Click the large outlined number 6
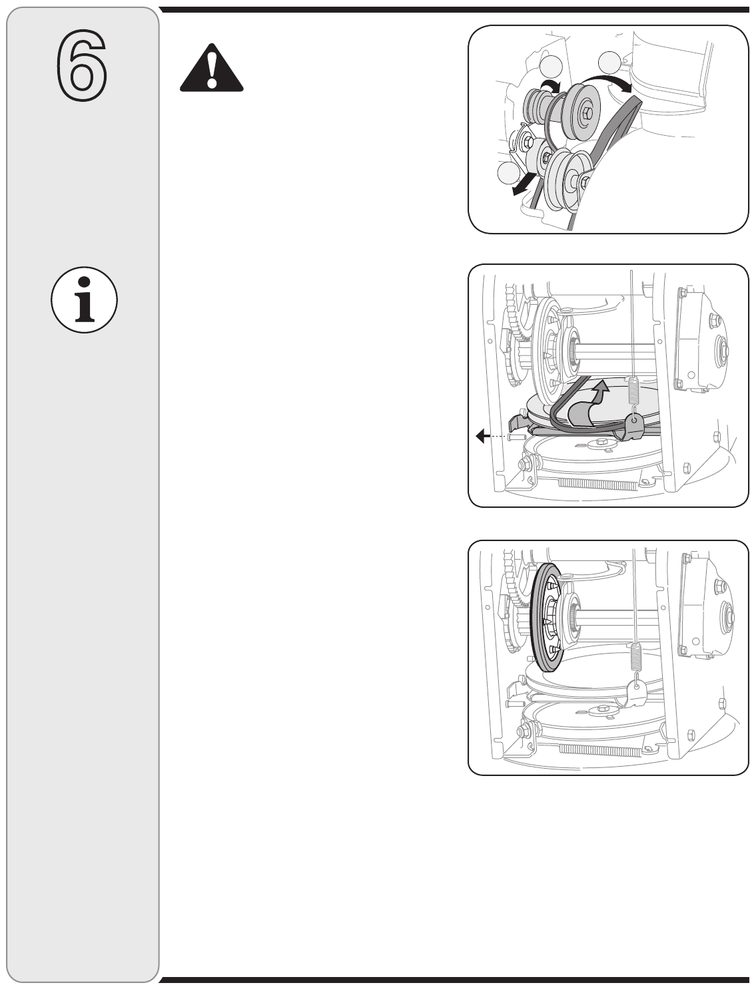point(81,65)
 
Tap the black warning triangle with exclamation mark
point(211,68)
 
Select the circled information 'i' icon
point(84,300)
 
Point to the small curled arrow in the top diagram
point(552,85)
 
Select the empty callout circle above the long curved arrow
point(609,63)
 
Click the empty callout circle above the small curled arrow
point(552,67)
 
